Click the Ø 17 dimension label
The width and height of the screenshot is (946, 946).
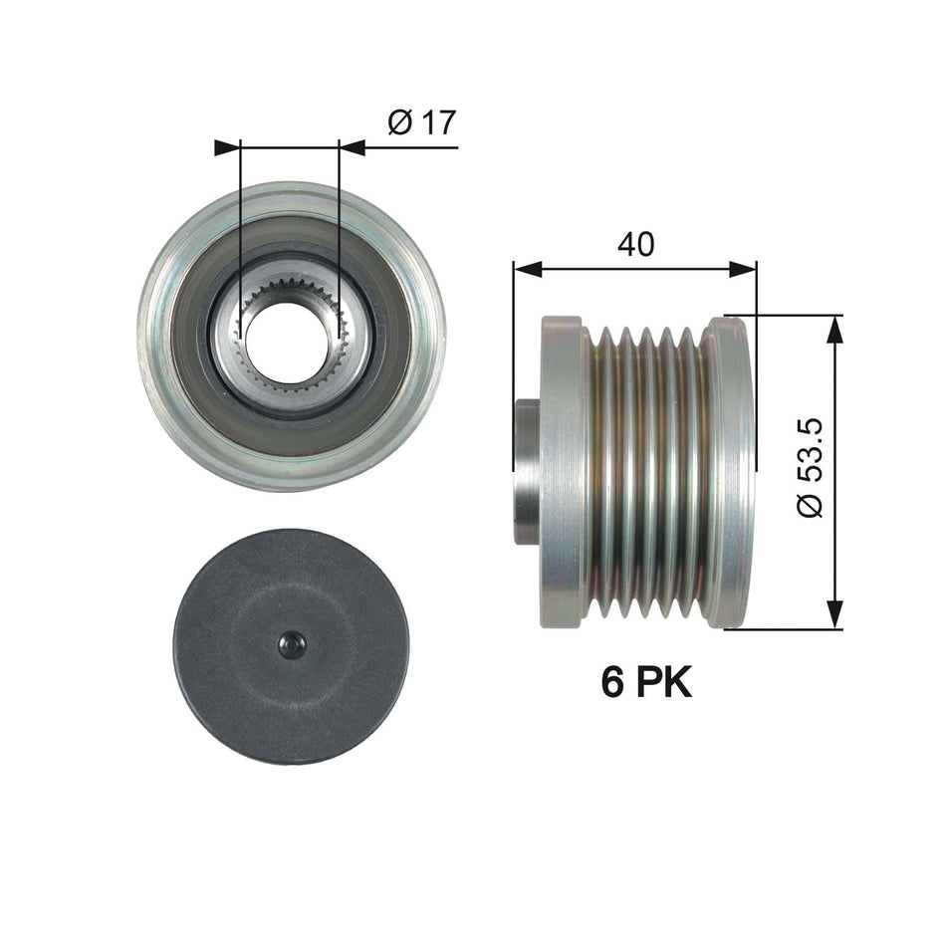(420, 122)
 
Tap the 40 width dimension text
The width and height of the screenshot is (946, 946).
(634, 243)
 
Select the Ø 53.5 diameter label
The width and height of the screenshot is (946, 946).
(812, 467)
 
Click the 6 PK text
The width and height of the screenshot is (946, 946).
(645, 682)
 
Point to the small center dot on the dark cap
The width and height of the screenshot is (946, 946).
(292, 645)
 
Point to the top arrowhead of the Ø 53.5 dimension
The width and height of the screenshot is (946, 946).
(834, 330)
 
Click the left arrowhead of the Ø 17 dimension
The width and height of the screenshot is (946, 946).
(228, 147)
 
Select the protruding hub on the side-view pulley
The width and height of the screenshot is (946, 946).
(527, 471)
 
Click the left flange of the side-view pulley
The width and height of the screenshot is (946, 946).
(562, 471)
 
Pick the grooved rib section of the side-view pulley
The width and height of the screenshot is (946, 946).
(647, 471)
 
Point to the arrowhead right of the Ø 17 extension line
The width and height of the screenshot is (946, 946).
(353, 147)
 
